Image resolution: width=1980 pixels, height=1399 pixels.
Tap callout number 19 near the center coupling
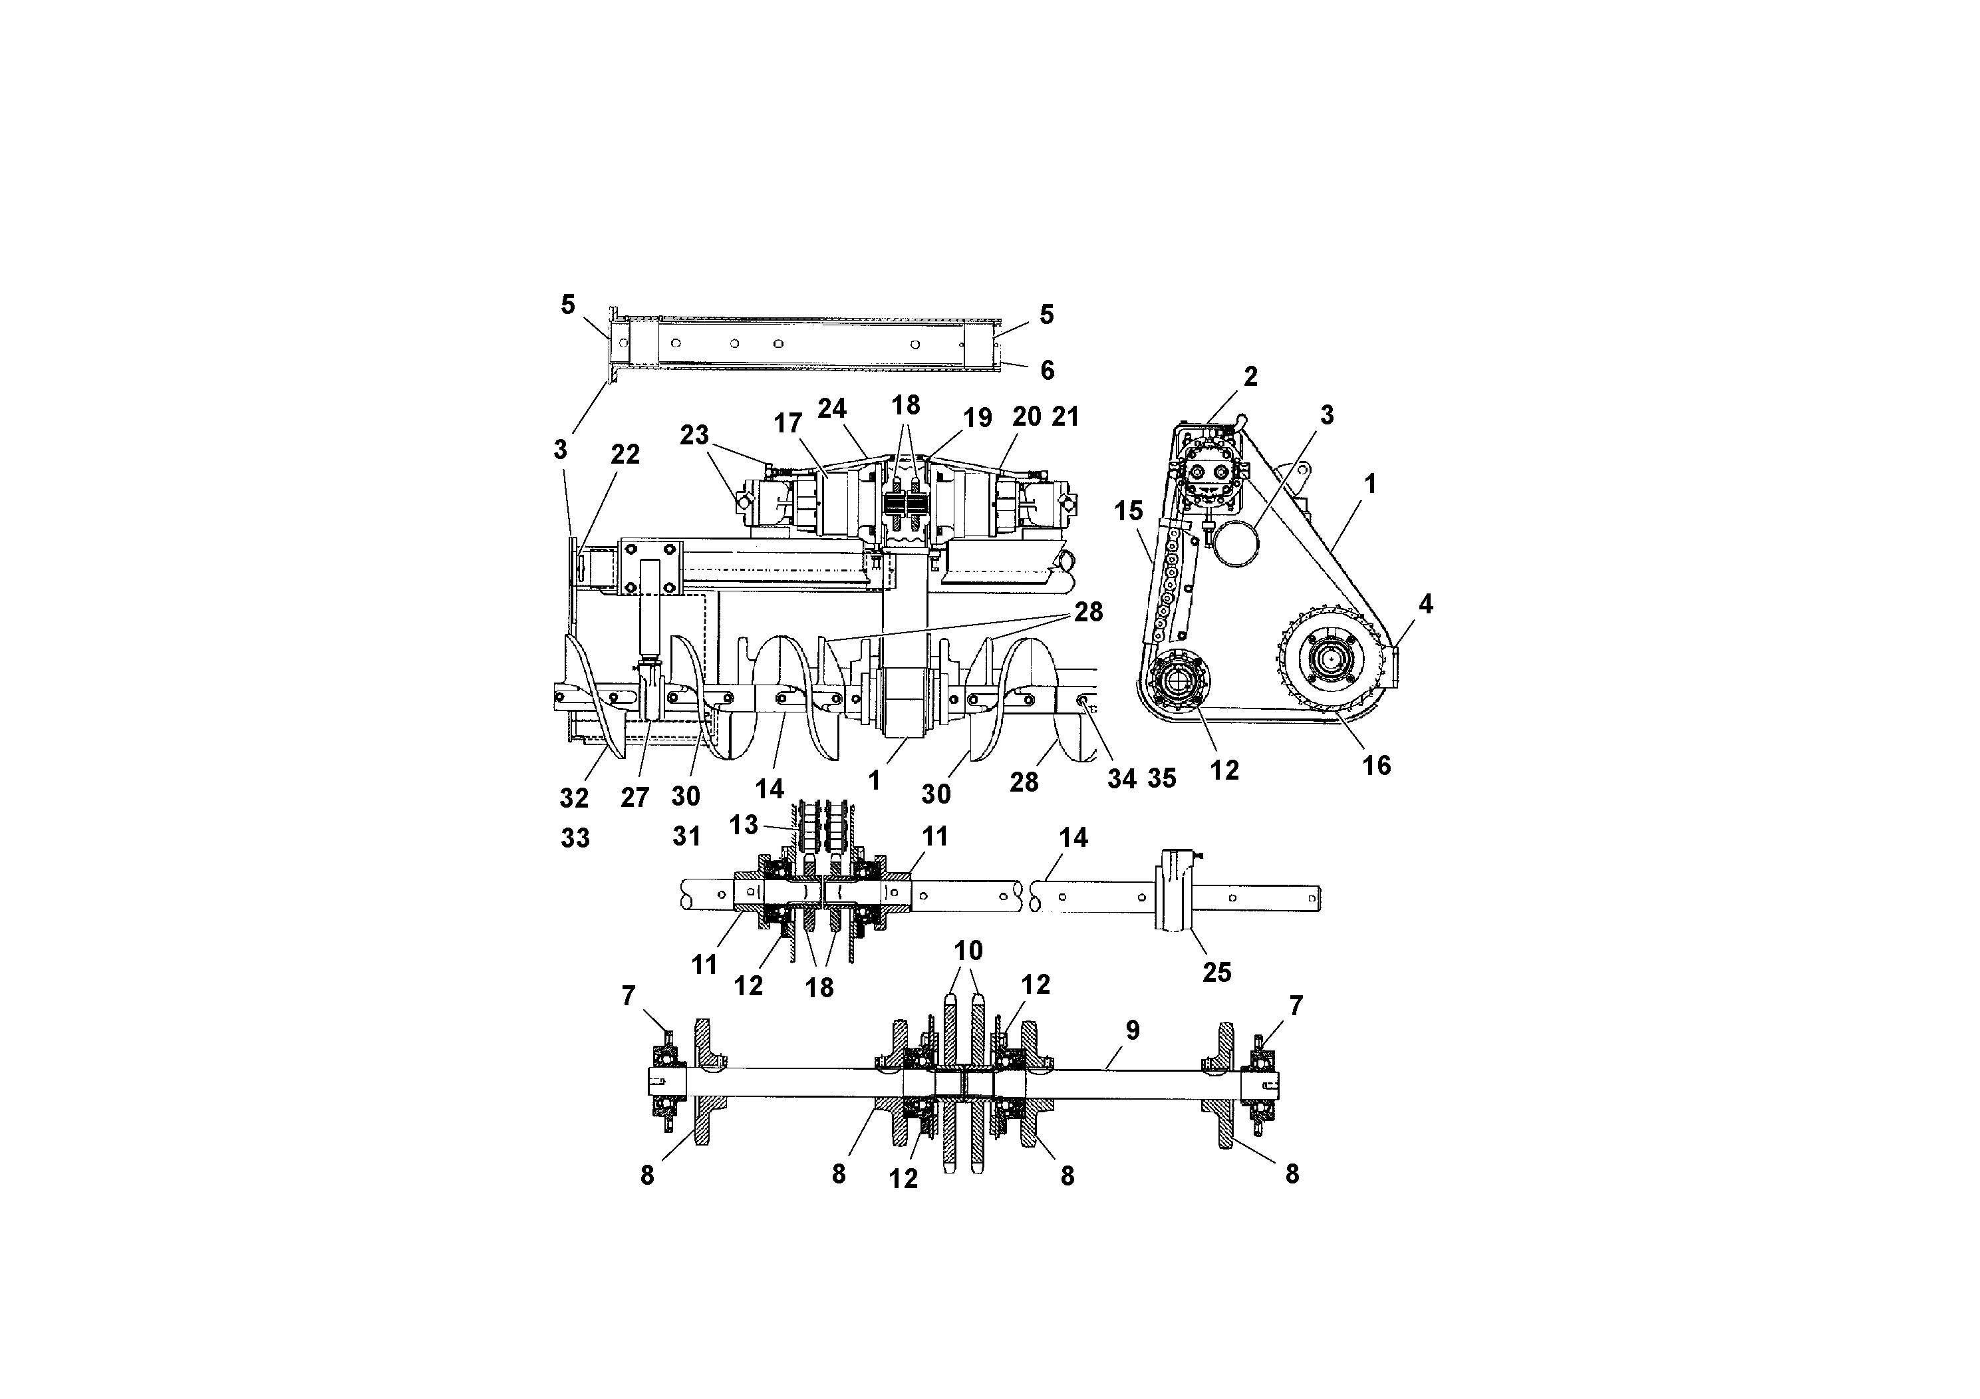coord(977,418)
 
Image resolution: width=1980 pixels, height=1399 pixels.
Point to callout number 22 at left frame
coord(625,454)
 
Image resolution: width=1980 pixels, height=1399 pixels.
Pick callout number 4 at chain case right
coord(1425,605)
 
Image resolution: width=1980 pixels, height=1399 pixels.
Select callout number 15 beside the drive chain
coord(1128,511)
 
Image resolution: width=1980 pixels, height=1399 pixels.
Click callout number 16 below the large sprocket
coord(1376,765)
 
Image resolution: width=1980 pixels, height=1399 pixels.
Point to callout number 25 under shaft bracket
coord(1217,972)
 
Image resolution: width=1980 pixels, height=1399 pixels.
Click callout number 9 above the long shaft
coord(1132,1030)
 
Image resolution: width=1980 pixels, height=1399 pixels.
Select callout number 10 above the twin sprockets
coord(968,951)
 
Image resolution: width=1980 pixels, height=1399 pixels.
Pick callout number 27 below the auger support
coord(634,798)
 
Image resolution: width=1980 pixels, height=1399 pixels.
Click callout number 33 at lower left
coord(575,838)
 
